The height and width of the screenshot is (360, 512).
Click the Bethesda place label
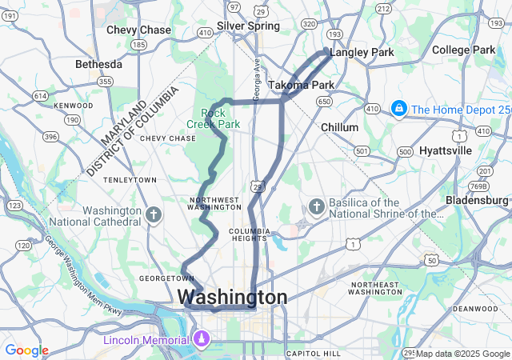click(x=98, y=64)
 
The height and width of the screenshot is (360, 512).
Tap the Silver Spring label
click(x=248, y=26)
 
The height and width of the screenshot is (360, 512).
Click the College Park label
click(x=463, y=50)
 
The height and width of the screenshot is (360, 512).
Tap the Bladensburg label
click(x=472, y=199)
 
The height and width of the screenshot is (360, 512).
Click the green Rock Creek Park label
click(x=213, y=118)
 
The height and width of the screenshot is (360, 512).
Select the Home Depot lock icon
click(x=398, y=108)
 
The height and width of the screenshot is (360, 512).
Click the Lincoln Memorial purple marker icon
click(x=202, y=340)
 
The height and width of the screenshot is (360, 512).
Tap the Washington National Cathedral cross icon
click(x=154, y=214)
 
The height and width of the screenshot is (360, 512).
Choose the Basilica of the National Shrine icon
click(x=316, y=207)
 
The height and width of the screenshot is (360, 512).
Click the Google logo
click(x=26, y=350)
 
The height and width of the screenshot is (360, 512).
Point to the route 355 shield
click(x=104, y=81)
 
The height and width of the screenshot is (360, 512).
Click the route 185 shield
click(x=138, y=46)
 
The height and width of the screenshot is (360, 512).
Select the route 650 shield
click(x=324, y=102)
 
